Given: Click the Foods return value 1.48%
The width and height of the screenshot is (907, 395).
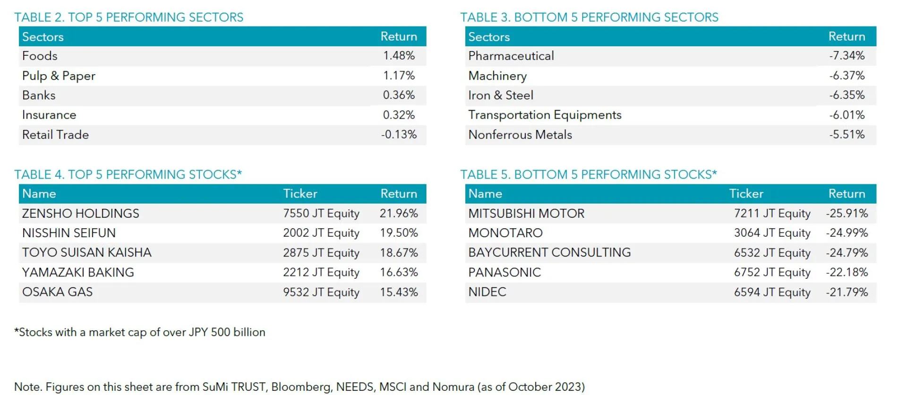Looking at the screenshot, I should [x=399, y=56].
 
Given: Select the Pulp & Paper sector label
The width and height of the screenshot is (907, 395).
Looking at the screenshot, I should [x=59, y=76].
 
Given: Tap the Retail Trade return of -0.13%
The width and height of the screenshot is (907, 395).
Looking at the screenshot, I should [x=399, y=135].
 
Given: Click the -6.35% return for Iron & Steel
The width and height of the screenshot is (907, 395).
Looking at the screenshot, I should [x=847, y=95].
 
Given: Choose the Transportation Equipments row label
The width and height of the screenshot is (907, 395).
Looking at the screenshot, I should [x=544, y=115].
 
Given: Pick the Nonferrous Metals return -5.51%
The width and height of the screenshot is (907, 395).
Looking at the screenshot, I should [x=847, y=135].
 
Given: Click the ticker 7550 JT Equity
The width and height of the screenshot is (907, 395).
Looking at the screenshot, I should [x=321, y=214].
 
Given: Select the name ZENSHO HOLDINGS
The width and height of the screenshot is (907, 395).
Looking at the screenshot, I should [x=80, y=214].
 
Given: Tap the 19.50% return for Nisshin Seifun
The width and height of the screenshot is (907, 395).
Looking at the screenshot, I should [x=399, y=233].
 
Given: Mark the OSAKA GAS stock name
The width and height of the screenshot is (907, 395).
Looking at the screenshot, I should [x=57, y=292].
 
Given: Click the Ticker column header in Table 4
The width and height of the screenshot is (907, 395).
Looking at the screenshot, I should [x=300, y=194].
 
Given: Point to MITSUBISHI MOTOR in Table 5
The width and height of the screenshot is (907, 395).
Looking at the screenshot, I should [x=526, y=214].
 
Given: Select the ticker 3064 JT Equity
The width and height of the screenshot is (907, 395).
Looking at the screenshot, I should [x=772, y=233].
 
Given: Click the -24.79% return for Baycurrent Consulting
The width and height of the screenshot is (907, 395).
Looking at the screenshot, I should [x=847, y=253].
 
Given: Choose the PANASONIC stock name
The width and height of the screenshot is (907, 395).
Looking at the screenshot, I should [x=504, y=273].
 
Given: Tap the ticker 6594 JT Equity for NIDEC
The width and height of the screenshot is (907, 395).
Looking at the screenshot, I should [x=772, y=292].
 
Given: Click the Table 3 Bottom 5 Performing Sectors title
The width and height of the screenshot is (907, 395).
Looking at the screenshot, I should [x=589, y=17].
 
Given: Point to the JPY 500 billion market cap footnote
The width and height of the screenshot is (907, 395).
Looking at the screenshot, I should [x=140, y=332].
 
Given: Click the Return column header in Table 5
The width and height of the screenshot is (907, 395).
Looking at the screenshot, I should [x=847, y=194].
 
